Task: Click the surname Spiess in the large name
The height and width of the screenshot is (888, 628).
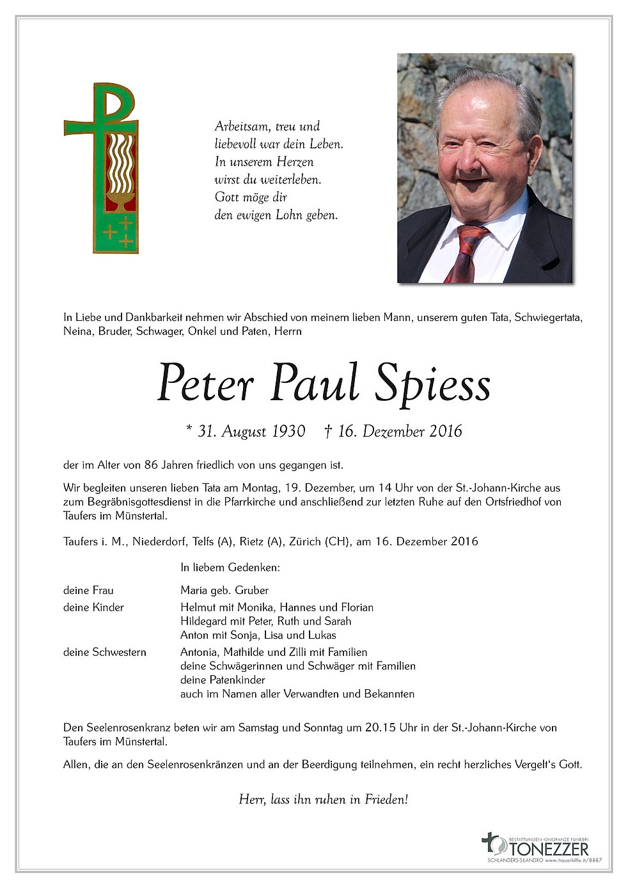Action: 433,384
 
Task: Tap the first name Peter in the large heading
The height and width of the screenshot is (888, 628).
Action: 205,384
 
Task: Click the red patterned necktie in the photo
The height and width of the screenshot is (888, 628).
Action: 465,253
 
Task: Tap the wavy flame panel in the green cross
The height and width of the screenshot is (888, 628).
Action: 120,165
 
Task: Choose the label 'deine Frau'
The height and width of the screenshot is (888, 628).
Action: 88,590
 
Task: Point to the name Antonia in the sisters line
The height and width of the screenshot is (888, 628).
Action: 199,652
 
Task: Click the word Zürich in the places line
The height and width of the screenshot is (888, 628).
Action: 306,541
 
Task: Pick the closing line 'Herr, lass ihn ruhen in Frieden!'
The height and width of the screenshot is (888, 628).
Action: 323,799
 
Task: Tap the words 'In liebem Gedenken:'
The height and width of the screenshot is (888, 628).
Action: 230,567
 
